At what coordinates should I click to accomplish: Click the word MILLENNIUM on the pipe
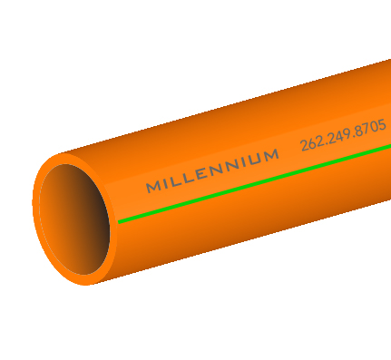[212, 171]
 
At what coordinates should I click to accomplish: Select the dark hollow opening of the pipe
[77, 218]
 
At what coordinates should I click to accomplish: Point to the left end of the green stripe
[120, 220]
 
